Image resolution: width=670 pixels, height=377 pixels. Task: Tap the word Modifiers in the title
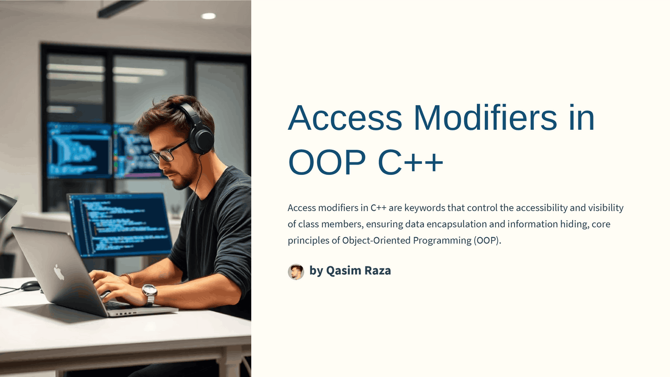[486, 118]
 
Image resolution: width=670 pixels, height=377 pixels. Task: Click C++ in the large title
[410, 163]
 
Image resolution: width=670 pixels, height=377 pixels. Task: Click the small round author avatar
[296, 271]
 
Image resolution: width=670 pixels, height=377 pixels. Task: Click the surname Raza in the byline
[378, 271]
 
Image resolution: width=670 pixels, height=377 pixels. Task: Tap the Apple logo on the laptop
[59, 272]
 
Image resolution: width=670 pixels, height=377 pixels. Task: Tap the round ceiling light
[208, 16]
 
